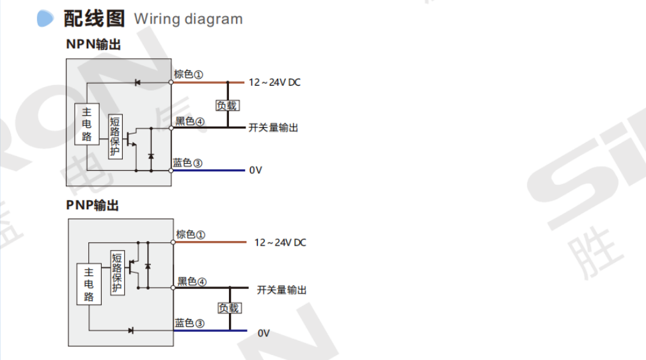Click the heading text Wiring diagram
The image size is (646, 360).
188,19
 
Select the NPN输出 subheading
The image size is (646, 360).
93,45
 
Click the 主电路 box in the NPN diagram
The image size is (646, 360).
87,125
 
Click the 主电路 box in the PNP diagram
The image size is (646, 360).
89,284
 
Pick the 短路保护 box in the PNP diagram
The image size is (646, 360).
117,273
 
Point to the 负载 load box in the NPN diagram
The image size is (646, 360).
227,106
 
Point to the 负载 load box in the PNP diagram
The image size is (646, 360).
229,308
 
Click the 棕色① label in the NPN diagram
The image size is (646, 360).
189,74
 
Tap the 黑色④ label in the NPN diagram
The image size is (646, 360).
190,121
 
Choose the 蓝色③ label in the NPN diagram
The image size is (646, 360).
188,163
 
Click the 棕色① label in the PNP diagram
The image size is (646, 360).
191,235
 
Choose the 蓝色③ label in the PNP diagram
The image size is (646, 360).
190,324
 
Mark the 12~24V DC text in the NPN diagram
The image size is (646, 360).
274,82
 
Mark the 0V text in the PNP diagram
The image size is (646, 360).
264,333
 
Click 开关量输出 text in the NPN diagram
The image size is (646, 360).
273,128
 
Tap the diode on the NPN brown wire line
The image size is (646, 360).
138,82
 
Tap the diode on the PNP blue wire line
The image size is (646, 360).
130,331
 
